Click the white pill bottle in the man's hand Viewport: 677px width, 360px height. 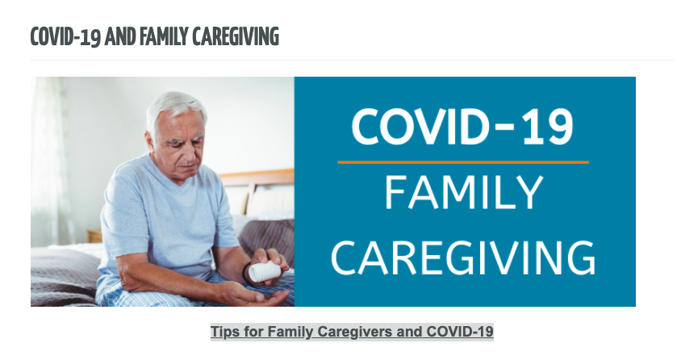pos(264,271)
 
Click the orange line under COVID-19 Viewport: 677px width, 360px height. pos(463,162)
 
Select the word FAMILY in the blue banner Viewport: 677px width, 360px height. pos(463,193)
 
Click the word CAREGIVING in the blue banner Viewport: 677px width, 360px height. pos(463,257)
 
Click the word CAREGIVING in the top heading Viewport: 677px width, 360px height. pos(236,36)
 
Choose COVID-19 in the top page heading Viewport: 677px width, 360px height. pos(65,36)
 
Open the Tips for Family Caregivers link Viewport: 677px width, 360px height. pos(352,332)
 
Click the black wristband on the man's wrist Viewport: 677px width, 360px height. pos(246,272)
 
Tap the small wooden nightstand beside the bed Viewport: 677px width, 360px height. pos(94,237)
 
